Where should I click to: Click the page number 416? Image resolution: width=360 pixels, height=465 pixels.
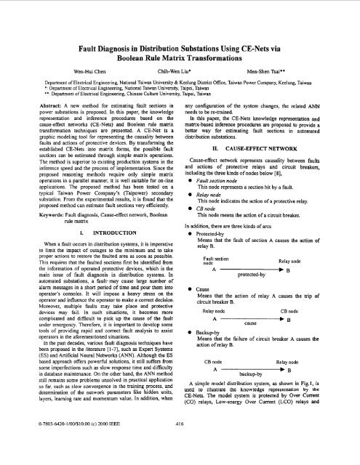pos(180,442)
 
